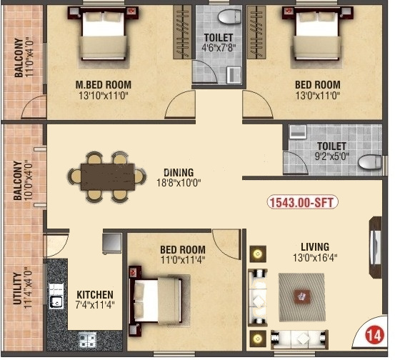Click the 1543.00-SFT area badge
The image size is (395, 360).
[303, 202]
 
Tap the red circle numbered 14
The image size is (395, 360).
[372, 334]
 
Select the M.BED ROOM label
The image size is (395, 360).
[104, 84]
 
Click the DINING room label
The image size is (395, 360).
[179, 172]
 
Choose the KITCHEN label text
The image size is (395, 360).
[94, 294]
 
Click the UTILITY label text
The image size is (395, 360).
[18, 286]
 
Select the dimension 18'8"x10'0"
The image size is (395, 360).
[179, 184]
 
